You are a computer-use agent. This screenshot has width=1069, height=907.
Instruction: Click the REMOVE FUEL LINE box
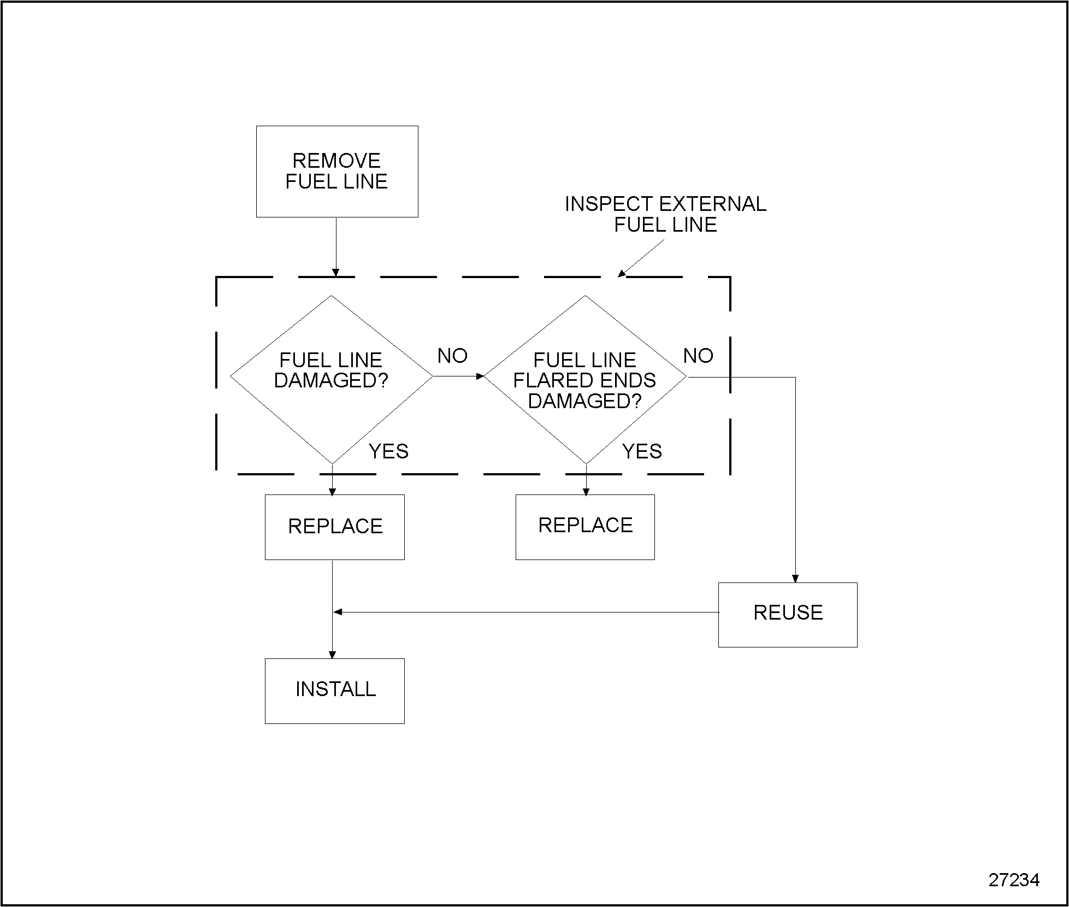pyautogui.click(x=337, y=172)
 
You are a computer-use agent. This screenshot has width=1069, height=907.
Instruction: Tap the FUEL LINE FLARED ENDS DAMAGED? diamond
pyautogui.click(x=584, y=379)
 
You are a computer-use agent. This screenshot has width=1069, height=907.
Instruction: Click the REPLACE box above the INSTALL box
pyautogui.click(x=335, y=527)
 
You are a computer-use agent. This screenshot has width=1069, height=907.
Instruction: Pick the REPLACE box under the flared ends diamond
pyautogui.click(x=585, y=527)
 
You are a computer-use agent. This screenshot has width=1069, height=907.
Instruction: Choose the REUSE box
pyautogui.click(x=787, y=615)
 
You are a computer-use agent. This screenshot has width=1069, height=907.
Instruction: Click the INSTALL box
pyautogui.click(x=335, y=691)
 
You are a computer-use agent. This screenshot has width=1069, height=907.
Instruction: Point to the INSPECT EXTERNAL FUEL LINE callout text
pyautogui.click(x=665, y=214)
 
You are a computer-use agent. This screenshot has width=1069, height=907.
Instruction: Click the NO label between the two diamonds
pyautogui.click(x=452, y=356)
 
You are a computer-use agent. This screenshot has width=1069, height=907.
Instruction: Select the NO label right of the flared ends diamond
pyautogui.click(x=698, y=356)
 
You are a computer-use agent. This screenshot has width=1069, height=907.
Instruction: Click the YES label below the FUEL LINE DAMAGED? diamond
pyautogui.click(x=388, y=451)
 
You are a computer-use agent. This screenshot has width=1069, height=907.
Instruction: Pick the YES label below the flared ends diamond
pyautogui.click(x=642, y=451)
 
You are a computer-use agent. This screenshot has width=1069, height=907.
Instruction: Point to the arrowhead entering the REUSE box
pyautogui.click(x=795, y=579)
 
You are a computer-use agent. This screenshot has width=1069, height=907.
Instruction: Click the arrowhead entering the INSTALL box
pyautogui.click(x=332, y=655)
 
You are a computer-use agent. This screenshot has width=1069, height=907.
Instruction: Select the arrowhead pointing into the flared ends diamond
pyautogui.click(x=480, y=376)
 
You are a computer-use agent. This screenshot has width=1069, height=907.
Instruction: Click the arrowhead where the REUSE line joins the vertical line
pyautogui.click(x=338, y=612)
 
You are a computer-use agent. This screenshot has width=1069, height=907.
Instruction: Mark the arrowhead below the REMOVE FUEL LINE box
pyautogui.click(x=335, y=273)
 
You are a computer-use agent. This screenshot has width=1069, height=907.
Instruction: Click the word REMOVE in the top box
pyautogui.click(x=336, y=161)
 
